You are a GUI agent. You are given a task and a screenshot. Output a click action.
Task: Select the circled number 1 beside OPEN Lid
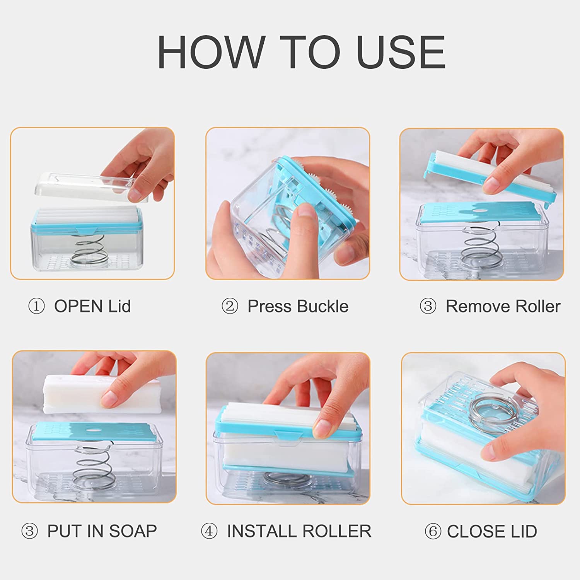click(x=36, y=307)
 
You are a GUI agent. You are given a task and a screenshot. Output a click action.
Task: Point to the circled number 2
click(x=230, y=307)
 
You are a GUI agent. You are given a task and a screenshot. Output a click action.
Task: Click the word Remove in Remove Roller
click(x=473, y=307)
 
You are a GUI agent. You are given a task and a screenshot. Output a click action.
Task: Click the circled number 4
click(x=209, y=531)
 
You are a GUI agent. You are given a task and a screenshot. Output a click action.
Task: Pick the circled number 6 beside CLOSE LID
click(x=433, y=531)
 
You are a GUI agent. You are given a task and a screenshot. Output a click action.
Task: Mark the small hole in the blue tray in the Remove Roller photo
click(x=481, y=211)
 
